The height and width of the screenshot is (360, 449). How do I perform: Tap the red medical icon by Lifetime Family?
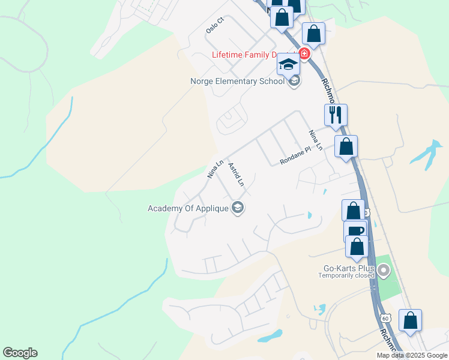pyautogui.click(x=304, y=55)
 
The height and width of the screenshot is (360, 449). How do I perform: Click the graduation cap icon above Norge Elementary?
pyautogui.click(x=288, y=64)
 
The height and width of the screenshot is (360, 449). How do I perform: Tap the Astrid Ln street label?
pyautogui.click(x=236, y=173)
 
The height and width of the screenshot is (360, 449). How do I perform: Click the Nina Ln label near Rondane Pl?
pyautogui.click(x=316, y=140)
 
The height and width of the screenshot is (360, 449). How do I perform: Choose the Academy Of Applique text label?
pyautogui.click(x=188, y=208)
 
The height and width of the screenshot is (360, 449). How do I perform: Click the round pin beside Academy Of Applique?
pyautogui.click(x=238, y=208)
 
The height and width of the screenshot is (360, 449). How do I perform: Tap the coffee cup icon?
pyautogui.click(x=355, y=231)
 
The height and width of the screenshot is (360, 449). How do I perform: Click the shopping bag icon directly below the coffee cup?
pyautogui.click(x=357, y=247)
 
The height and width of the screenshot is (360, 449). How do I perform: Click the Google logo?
pyautogui.click(x=20, y=353)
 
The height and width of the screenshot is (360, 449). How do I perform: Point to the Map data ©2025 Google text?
pyautogui.click(x=412, y=355)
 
